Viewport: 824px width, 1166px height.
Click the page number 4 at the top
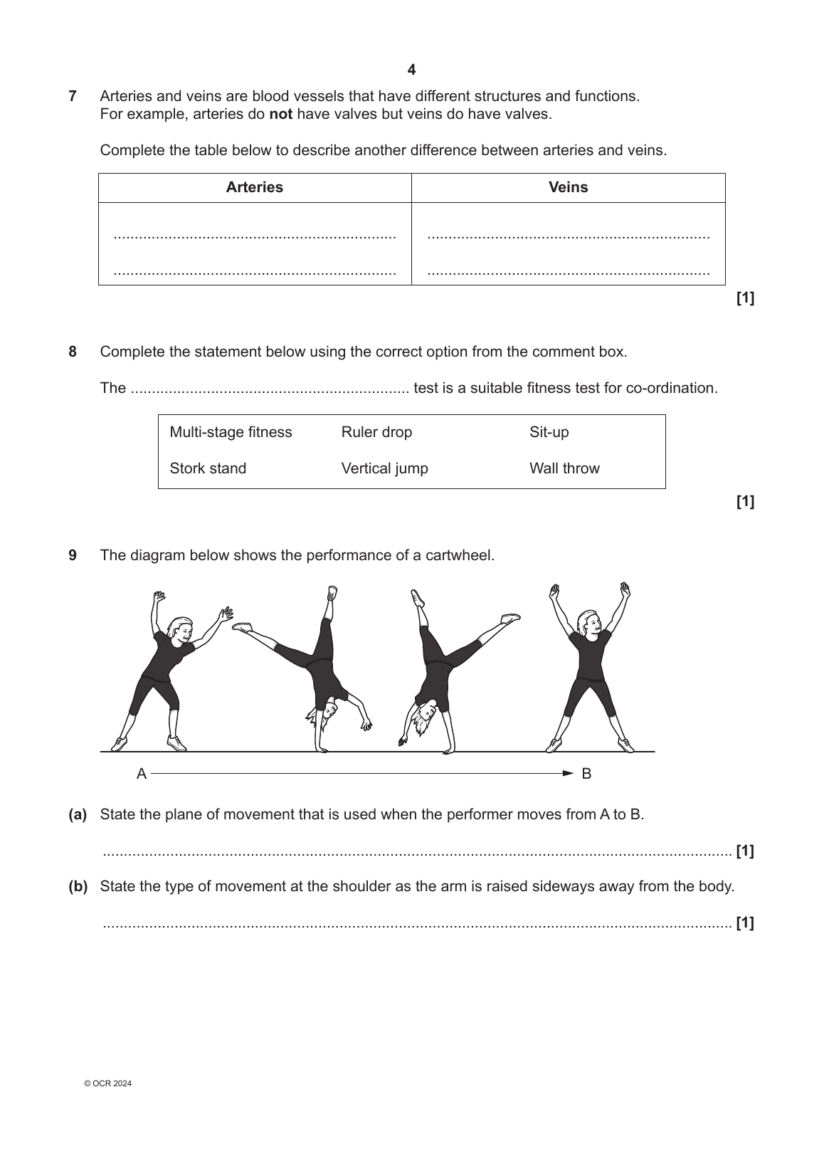coord(411,70)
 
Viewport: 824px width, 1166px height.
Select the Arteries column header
coord(254,187)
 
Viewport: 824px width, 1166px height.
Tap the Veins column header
coord(568,187)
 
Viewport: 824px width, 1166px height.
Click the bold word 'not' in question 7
coord(280,114)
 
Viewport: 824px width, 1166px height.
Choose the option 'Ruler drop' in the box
coord(376,432)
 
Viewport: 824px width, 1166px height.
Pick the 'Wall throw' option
coord(564,468)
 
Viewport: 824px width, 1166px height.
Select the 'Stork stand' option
coord(208,468)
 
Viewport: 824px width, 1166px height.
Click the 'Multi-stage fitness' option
coord(231,432)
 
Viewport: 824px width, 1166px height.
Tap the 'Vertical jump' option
coord(384,468)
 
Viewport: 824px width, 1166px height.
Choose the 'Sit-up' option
coord(549,432)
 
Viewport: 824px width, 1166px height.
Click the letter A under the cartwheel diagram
coord(142,774)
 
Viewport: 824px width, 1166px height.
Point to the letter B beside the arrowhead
coord(586,774)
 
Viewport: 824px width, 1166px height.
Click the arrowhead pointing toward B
coord(568,773)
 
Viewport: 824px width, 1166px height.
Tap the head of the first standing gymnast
coord(179,630)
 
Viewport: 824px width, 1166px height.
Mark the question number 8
coord(73,352)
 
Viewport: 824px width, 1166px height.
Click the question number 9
coord(73,555)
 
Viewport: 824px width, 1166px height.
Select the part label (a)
coord(78,814)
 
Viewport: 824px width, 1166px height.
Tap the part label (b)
coord(78,886)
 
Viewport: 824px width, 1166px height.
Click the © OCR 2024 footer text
coord(107,1083)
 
